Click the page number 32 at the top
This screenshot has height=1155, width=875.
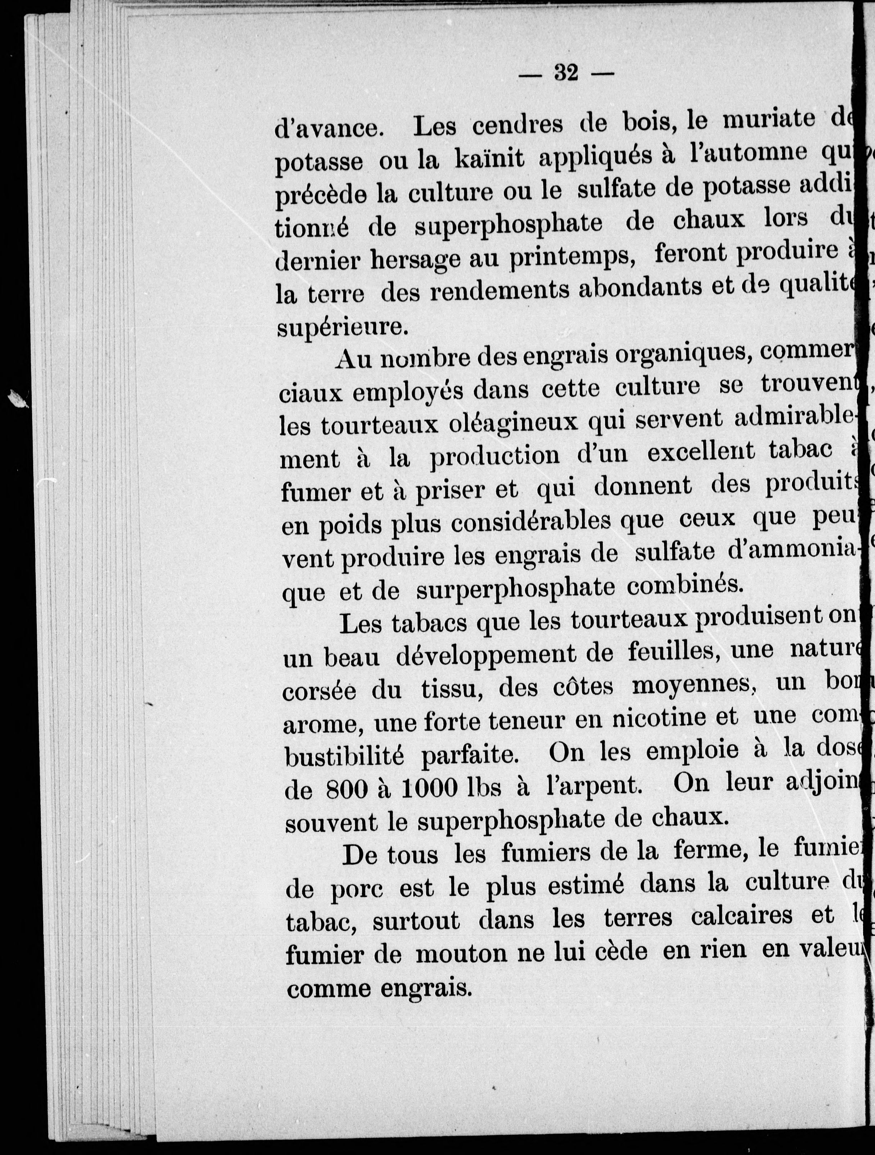(566, 73)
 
